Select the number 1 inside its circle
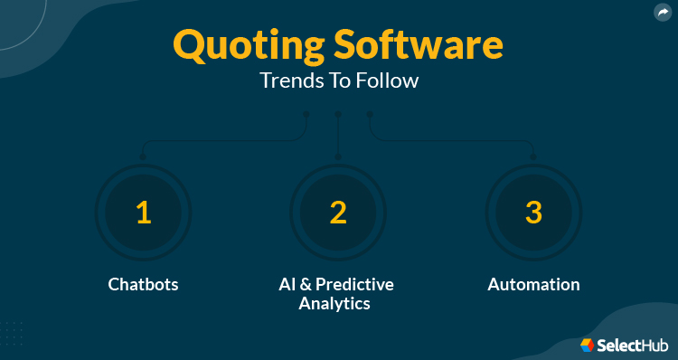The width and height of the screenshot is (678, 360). (143, 213)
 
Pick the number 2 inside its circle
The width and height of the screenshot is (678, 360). (338, 213)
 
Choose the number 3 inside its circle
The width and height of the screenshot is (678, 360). (533, 213)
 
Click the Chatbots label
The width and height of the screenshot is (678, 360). (143, 284)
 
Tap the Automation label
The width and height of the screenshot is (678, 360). (533, 284)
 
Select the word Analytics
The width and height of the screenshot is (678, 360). (334, 304)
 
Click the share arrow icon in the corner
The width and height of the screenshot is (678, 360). (663, 13)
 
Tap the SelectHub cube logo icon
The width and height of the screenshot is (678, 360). (588, 345)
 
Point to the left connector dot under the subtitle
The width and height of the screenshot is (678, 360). (306, 114)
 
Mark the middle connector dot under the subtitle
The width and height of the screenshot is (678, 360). (337, 114)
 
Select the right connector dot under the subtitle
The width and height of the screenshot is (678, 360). (369, 114)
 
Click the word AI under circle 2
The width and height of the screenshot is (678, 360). (287, 284)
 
